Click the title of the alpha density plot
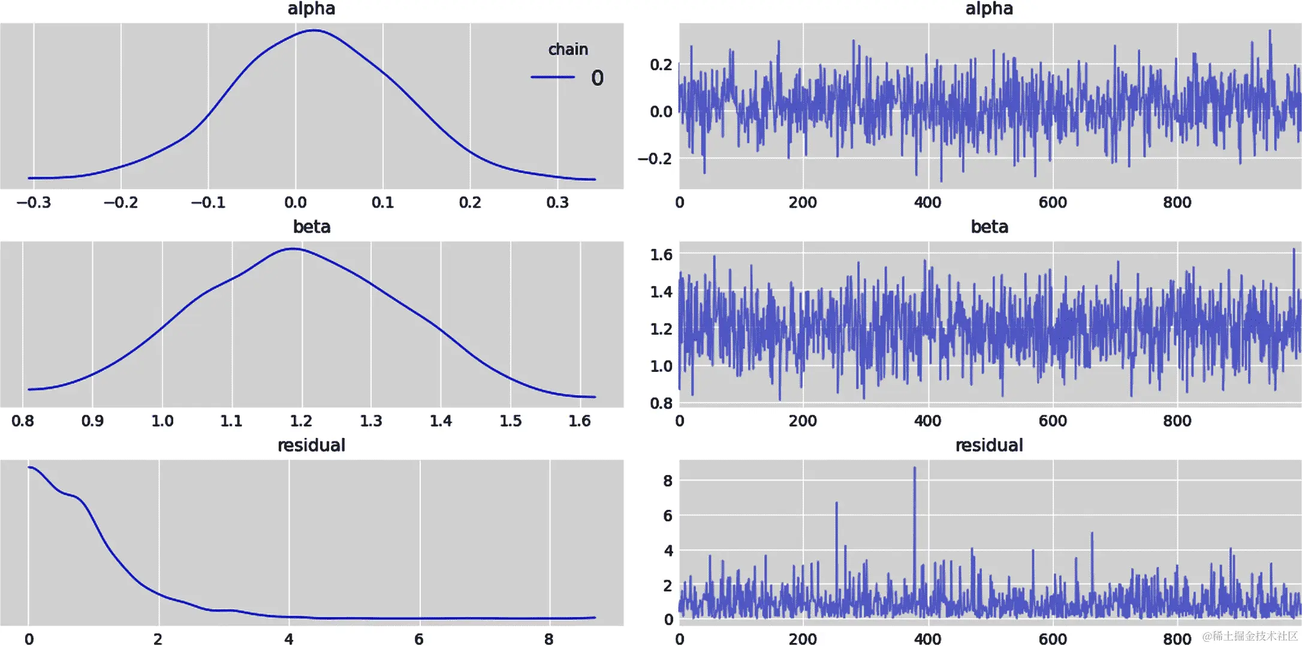click(311, 9)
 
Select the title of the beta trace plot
click(989, 227)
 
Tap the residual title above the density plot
click(311, 445)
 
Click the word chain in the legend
click(568, 49)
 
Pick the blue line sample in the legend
click(552, 77)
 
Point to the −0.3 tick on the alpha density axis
click(34, 203)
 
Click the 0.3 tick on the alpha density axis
click(557, 203)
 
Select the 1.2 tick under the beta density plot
click(301, 421)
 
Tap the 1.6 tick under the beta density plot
click(580, 421)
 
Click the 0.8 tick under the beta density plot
click(23, 421)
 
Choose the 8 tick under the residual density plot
click(549, 639)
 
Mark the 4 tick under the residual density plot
click(289, 639)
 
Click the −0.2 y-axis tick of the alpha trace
click(655, 159)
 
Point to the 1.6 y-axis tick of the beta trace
click(661, 255)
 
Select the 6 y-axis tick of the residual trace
click(668, 516)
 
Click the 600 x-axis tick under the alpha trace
click(1053, 203)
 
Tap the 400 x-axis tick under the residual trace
click(927, 639)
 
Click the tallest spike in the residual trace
click(915, 468)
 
